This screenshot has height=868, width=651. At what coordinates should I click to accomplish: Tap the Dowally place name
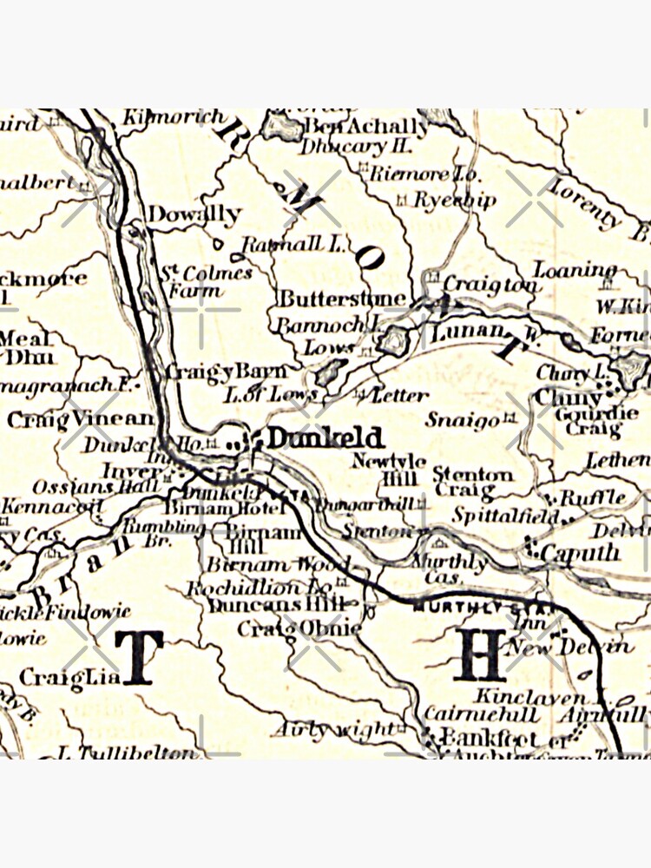(194, 214)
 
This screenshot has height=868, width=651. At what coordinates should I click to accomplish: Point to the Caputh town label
(580, 552)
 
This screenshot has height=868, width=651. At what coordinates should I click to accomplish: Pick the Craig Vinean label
(80, 419)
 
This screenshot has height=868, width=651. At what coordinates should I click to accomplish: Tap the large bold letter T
(139, 657)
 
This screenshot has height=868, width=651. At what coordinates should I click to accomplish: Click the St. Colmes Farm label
(207, 281)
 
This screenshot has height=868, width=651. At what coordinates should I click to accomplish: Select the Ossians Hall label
(85, 487)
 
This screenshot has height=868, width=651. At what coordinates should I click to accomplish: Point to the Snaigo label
(463, 419)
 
